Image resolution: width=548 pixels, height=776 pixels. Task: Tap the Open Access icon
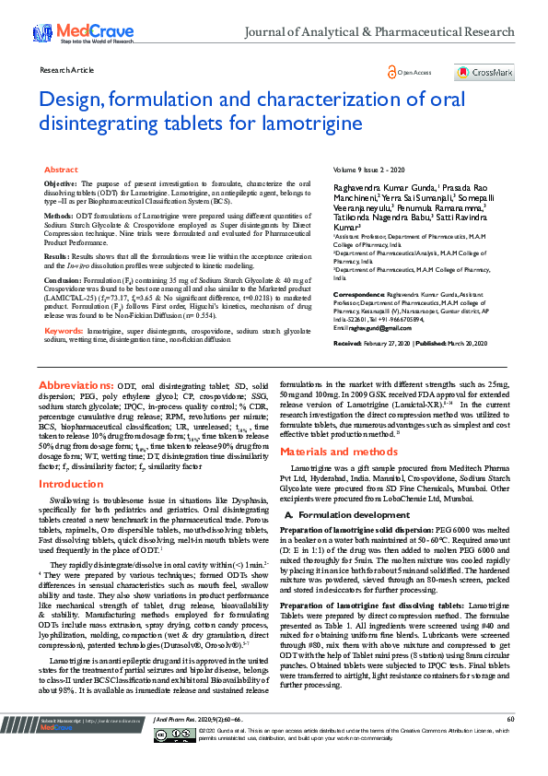393,72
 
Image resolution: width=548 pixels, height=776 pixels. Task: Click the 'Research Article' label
63,70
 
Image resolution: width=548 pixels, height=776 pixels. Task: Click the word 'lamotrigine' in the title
312,123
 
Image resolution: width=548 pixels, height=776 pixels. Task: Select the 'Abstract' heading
61,170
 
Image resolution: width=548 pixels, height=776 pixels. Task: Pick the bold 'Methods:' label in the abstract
60,215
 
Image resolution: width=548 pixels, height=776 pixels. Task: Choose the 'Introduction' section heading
71,484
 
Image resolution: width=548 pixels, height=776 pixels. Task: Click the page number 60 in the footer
509,744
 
